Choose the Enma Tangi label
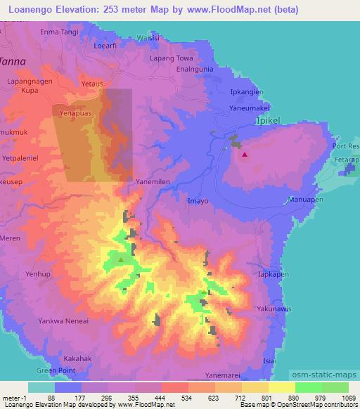58,32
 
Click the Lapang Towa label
171,60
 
